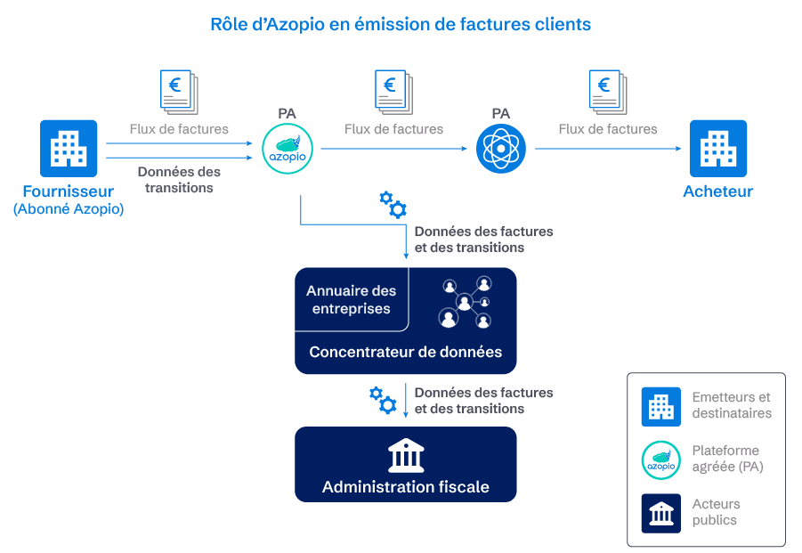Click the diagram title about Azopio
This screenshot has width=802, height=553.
coord(401,25)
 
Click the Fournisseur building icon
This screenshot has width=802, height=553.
coord(69,148)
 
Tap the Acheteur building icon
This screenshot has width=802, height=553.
coord(718,148)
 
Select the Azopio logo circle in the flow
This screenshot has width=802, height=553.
coord(287,149)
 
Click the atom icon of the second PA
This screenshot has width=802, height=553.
coord(501,149)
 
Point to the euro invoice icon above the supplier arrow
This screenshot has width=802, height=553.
coord(178,92)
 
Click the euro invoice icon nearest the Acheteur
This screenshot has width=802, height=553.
coord(608,92)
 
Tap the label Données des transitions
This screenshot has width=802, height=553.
coord(179,180)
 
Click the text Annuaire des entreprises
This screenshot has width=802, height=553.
coord(351,299)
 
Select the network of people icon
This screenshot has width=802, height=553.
coord(465,302)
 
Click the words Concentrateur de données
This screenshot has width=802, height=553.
coord(405,352)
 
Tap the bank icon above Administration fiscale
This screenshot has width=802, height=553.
coord(406,455)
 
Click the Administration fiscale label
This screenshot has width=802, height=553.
coord(405,487)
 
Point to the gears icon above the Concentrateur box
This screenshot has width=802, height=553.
coord(393,204)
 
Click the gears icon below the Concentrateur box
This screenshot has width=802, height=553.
coord(383,400)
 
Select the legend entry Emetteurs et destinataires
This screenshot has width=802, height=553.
coord(731,405)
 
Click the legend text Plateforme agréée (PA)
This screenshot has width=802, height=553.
coord(726,459)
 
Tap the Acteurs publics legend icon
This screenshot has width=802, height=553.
coord(660,513)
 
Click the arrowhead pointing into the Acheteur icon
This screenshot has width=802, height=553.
coord(683,149)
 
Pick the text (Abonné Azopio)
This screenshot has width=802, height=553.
coord(69,209)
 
